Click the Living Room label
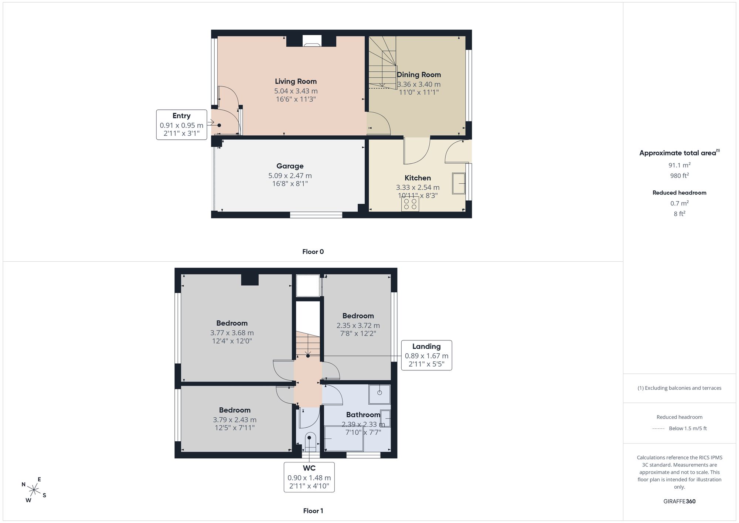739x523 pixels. (296, 81)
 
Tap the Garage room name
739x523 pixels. (290, 166)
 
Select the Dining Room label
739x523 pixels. (419, 75)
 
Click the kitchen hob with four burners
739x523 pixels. (410, 204)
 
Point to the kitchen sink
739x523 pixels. (459, 184)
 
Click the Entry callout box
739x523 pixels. (181, 125)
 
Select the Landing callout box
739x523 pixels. (426, 355)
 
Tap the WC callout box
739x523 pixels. (309, 477)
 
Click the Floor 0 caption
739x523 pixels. (313, 252)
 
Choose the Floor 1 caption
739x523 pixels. (313, 511)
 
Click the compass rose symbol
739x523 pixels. (34, 490)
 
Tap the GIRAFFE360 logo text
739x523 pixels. (680, 501)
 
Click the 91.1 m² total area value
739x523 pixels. (680, 165)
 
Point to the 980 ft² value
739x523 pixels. (680, 176)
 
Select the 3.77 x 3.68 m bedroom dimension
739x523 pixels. (232, 333)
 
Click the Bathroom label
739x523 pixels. (363, 415)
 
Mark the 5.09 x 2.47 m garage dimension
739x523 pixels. (290, 176)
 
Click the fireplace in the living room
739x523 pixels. (312, 41)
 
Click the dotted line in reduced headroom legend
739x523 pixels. (658, 429)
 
